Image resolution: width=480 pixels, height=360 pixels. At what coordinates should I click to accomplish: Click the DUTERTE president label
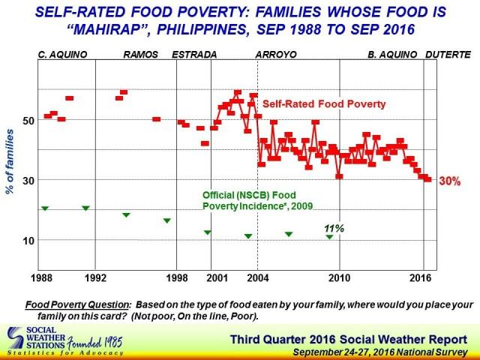pos(448,55)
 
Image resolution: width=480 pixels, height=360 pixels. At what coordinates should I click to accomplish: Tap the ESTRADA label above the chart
pos(194,55)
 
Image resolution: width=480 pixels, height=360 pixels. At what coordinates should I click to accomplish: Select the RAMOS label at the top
pos(141,55)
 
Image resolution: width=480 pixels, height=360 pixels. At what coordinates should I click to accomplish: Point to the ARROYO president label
pos(276,55)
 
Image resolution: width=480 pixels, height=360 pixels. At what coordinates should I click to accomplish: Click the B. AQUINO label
pos(392,55)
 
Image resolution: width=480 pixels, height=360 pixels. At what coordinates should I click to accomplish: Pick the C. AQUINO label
pos(63,55)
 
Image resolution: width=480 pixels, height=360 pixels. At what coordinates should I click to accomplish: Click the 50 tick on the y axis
pos(28,121)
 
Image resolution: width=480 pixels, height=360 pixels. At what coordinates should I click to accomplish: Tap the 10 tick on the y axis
pos(28,241)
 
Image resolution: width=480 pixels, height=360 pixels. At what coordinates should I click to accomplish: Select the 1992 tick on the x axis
pos(95,278)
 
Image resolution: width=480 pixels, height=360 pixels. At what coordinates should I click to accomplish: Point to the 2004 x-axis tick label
pos(258,278)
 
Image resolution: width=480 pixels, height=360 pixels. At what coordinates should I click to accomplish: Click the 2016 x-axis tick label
pos(420,278)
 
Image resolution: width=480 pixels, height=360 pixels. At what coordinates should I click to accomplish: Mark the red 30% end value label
pos(450,181)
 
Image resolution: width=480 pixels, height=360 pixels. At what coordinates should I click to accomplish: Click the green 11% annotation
pos(334,228)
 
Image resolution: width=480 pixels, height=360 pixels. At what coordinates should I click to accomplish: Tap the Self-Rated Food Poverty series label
pos(324,104)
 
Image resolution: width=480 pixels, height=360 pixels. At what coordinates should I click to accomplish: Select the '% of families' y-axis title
pos(10,162)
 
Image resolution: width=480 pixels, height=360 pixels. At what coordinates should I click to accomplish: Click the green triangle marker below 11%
pos(329,237)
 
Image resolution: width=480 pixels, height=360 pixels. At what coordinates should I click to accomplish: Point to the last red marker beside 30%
pos(428,180)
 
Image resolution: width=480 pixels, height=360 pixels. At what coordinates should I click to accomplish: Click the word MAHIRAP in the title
pos(106,30)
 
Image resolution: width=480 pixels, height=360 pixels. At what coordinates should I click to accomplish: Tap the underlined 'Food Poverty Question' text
pos(76,305)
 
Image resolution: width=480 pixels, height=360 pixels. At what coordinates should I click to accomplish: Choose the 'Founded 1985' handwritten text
pos(95,343)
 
